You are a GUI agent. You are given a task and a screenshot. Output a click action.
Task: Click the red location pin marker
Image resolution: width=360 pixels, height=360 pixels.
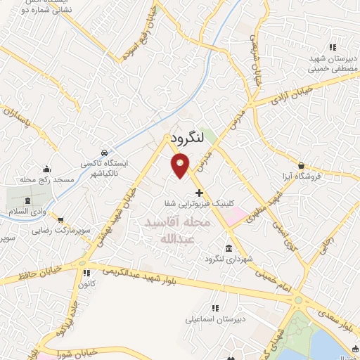[x=181, y=165]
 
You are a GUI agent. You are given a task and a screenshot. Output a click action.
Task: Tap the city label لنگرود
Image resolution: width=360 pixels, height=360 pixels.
[x=186, y=140]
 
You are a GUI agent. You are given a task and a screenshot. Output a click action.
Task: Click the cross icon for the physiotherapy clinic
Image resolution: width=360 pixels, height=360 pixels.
[x=199, y=192]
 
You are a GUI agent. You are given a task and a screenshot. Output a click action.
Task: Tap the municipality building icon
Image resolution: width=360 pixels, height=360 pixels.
[x=229, y=248]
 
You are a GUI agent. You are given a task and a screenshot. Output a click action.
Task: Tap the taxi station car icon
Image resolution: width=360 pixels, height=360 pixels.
[x=104, y=153]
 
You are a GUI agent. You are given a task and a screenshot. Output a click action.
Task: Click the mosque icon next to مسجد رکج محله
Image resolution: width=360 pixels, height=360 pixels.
[x=46, y=169]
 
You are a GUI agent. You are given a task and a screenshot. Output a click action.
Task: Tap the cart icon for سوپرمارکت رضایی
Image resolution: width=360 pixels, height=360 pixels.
[x=60, y=219]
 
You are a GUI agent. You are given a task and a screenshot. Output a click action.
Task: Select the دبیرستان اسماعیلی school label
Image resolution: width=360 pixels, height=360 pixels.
[x=217, y=319]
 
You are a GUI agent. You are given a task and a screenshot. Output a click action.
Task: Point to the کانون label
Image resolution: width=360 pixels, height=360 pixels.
[x=87, y=285]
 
